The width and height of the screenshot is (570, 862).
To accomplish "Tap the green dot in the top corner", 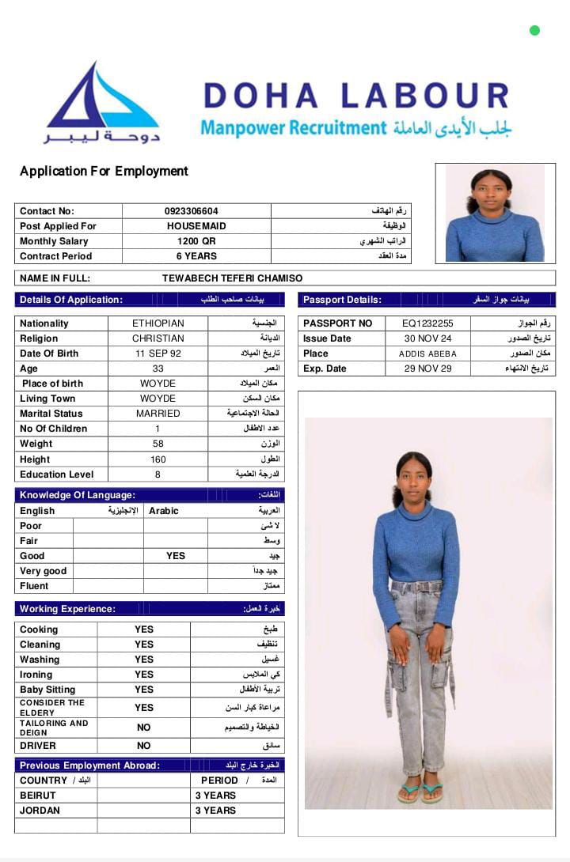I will (534, 31).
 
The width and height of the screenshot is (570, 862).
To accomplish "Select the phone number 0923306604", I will (191, 211).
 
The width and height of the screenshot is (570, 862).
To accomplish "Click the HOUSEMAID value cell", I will (196, 226).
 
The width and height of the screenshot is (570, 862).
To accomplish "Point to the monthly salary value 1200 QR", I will (196, 241).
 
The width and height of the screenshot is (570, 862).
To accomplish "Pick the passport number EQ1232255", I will (427, 323).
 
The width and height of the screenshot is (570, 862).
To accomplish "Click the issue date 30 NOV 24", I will (427, 338).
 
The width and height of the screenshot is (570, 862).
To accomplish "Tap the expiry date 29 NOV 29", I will (427, 369).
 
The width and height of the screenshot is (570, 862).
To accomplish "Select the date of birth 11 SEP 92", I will (158, 353).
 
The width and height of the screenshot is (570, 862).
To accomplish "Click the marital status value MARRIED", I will (158, 414).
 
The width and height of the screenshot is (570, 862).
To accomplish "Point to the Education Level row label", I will (57, 474).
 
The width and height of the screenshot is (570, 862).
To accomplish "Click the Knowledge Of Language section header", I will (78, 495).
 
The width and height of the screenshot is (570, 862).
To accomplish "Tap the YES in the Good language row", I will (176, 556).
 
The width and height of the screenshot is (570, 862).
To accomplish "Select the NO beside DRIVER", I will (143, 746).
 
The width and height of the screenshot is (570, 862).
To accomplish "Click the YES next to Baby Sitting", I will (143, 690).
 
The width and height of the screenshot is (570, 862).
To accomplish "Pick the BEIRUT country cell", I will (38, 796).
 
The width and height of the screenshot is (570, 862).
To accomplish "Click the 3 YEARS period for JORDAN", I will (215, 811).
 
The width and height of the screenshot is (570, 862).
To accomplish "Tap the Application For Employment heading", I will (104, 171).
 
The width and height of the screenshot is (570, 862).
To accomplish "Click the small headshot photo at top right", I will (495, 213).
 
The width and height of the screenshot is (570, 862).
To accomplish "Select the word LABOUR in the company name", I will (424, 96).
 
